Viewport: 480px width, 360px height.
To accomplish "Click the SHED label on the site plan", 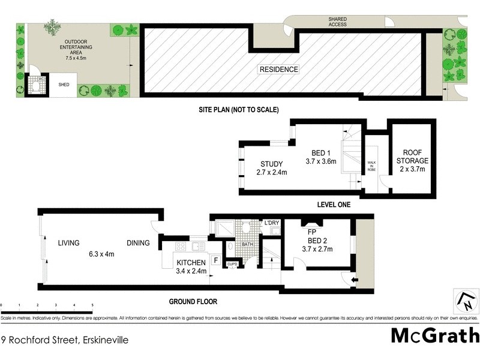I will tap(64, 85).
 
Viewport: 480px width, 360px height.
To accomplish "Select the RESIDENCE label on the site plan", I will tap(278, 70).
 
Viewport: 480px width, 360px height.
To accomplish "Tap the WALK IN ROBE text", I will tap(372, 166).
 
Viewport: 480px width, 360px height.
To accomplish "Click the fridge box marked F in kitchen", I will tap(216, 262).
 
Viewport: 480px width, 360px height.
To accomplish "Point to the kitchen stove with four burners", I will tap(180, 246).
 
